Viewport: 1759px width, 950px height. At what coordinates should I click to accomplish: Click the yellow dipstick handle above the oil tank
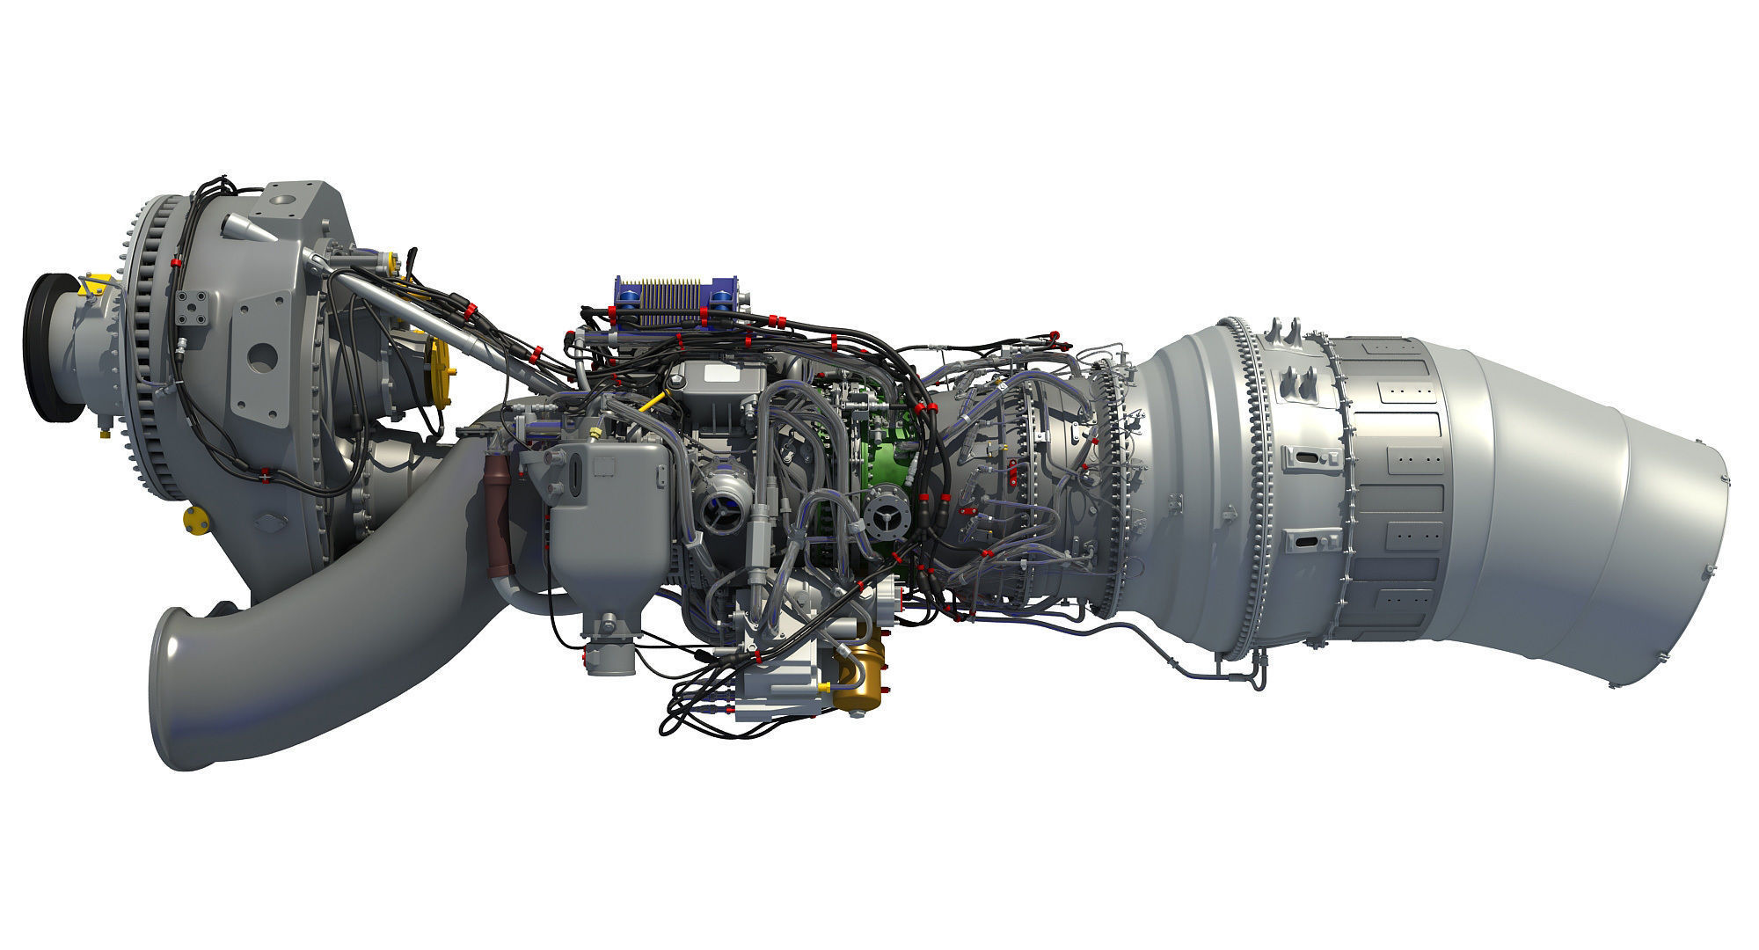652,405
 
